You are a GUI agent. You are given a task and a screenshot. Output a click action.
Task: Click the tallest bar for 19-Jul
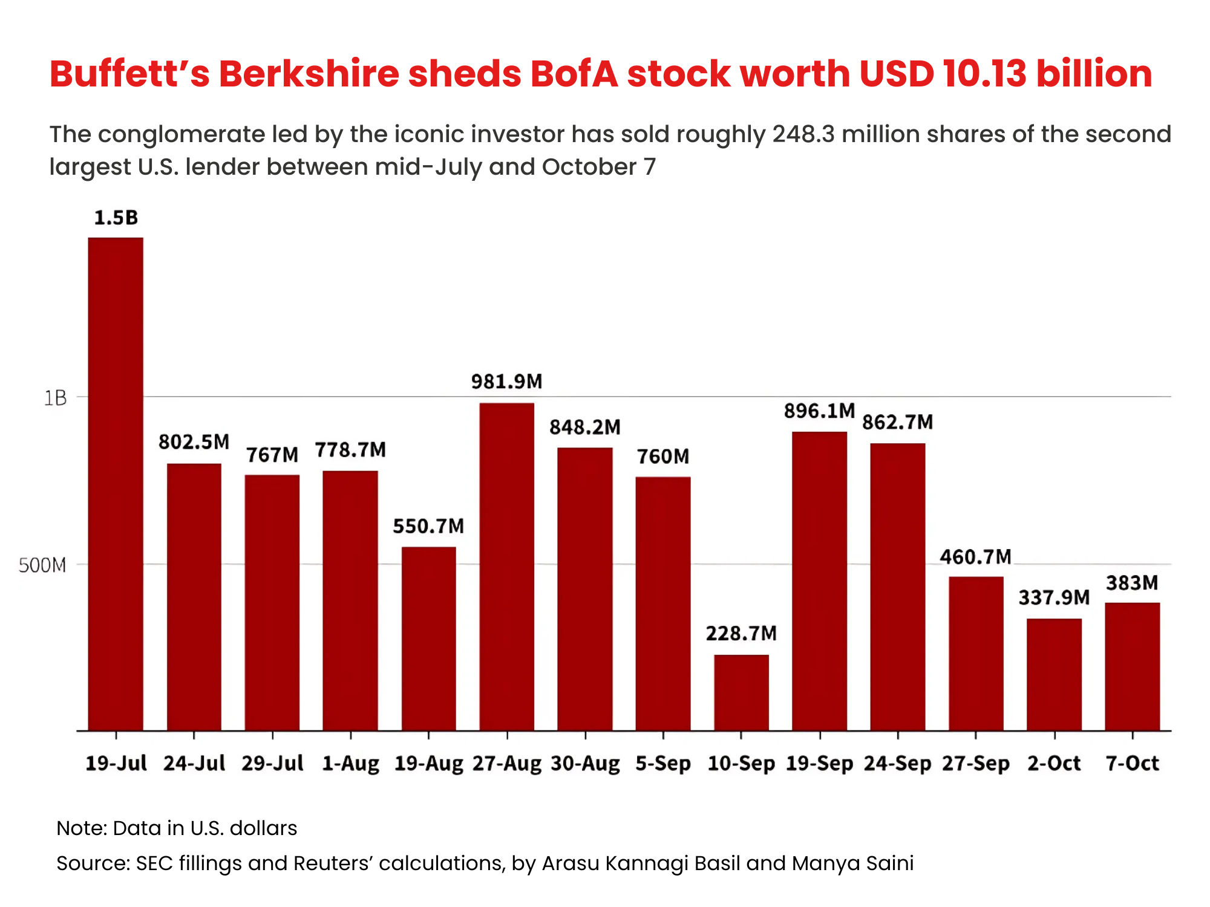click(x=116, y=484)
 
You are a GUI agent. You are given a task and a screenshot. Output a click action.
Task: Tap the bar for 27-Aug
click(x=507, y=567)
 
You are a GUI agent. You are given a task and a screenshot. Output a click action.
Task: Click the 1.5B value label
click(x=116, y=218)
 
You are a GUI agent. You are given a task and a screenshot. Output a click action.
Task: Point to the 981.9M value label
click(x=507, y=382)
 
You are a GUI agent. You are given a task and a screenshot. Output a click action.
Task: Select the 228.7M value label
click(x=741, y=634)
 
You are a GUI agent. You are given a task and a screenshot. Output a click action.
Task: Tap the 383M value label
click(x=1132, y=583)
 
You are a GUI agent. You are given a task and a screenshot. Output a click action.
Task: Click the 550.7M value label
click(x=428, y=526)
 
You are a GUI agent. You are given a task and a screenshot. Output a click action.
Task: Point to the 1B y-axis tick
click(x=54, y=398)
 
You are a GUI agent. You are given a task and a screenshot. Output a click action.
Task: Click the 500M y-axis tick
click(x=42, y=565)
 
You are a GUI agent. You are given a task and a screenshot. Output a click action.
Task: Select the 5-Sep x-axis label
click(x=663, y=764)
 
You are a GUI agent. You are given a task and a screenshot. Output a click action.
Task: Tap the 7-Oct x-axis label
click(x=1132, y=764)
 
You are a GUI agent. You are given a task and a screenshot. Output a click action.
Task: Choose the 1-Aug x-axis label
click(x=350, y=764)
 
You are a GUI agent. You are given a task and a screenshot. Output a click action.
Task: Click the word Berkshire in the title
click(x=309, y=74)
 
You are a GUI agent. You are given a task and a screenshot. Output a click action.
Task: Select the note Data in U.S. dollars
click(x=177, y=828)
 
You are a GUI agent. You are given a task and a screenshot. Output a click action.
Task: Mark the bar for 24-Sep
click(x=898, y=587)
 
